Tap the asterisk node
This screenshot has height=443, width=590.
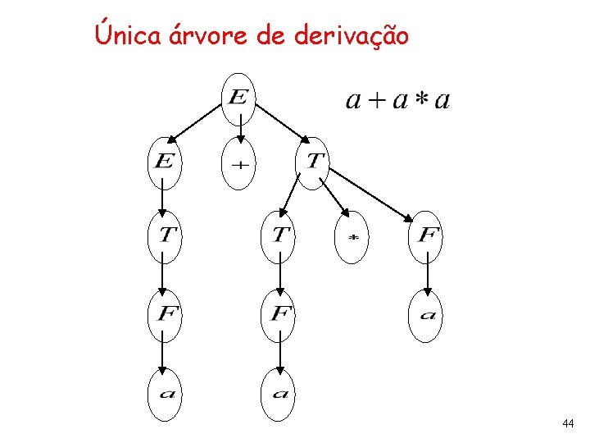(353, 236)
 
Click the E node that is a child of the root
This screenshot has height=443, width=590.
(163, 162)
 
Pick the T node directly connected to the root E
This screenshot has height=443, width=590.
(313, 162)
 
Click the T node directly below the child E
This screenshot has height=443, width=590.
(164, 236)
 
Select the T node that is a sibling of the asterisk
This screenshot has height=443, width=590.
(280, 236)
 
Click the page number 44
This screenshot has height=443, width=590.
(568, 424)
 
